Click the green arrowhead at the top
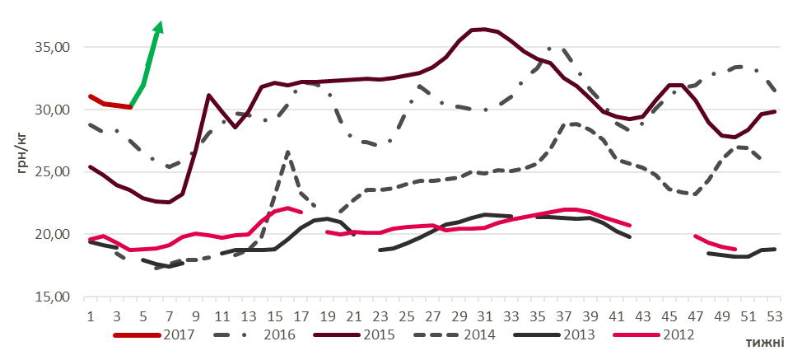tap(158, 28)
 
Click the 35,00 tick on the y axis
tap(51, 47)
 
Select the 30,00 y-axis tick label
tap(51, 110)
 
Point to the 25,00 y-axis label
tap(51, 171)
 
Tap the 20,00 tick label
tap(51, 234)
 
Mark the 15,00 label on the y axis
tap(51, 297)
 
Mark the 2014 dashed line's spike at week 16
tap(287, 152)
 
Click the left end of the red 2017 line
tap(90, 96)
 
